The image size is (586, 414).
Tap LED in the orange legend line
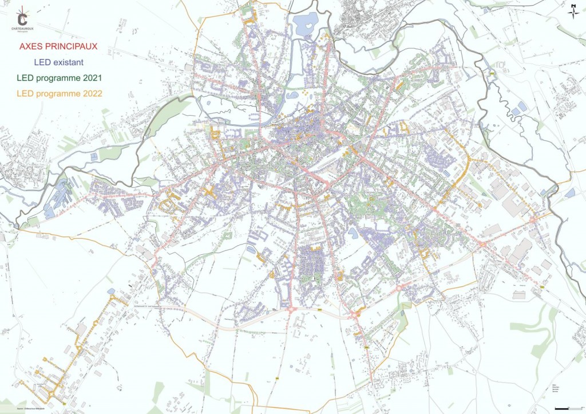point(25,93)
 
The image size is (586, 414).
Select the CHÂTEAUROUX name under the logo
point(23,28)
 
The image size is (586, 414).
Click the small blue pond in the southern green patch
point(251,250)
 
